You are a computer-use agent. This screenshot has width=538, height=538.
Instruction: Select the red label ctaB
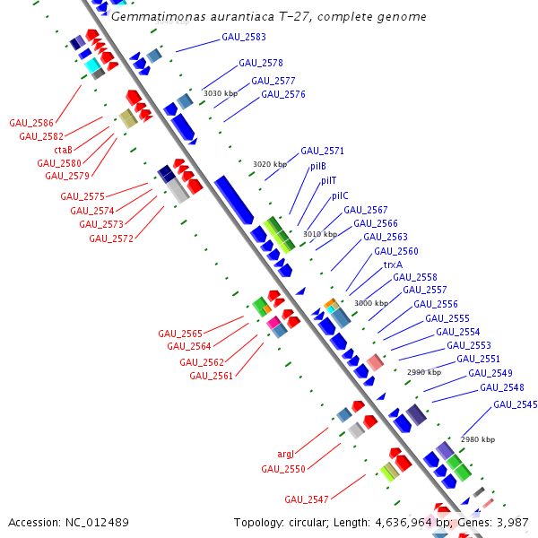[x=63, y=150]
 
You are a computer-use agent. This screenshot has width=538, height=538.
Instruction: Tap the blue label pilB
[x=318, y=166]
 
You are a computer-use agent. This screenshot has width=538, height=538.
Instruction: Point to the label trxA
[x=393, y=265]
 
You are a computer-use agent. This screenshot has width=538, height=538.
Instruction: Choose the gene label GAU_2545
[x=516, y=404]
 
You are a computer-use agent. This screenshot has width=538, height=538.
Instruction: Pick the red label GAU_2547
[x=307, y=499]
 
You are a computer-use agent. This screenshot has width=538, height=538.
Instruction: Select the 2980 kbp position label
[x=477, y=439]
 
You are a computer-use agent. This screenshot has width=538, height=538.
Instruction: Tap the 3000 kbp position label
[x=371, y=303]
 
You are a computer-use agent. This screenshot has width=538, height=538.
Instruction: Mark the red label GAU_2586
[x=31, y=123]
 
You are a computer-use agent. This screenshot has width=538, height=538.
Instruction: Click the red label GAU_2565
[x=180, y=334]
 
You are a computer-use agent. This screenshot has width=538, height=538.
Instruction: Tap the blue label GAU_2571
[x=322, y=151]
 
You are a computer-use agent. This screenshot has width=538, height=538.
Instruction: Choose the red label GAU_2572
[x=111, y=238]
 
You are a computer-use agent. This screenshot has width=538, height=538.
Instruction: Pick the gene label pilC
[x=340, y=195]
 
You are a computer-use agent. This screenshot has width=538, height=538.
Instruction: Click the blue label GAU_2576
[x=283, y=94]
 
